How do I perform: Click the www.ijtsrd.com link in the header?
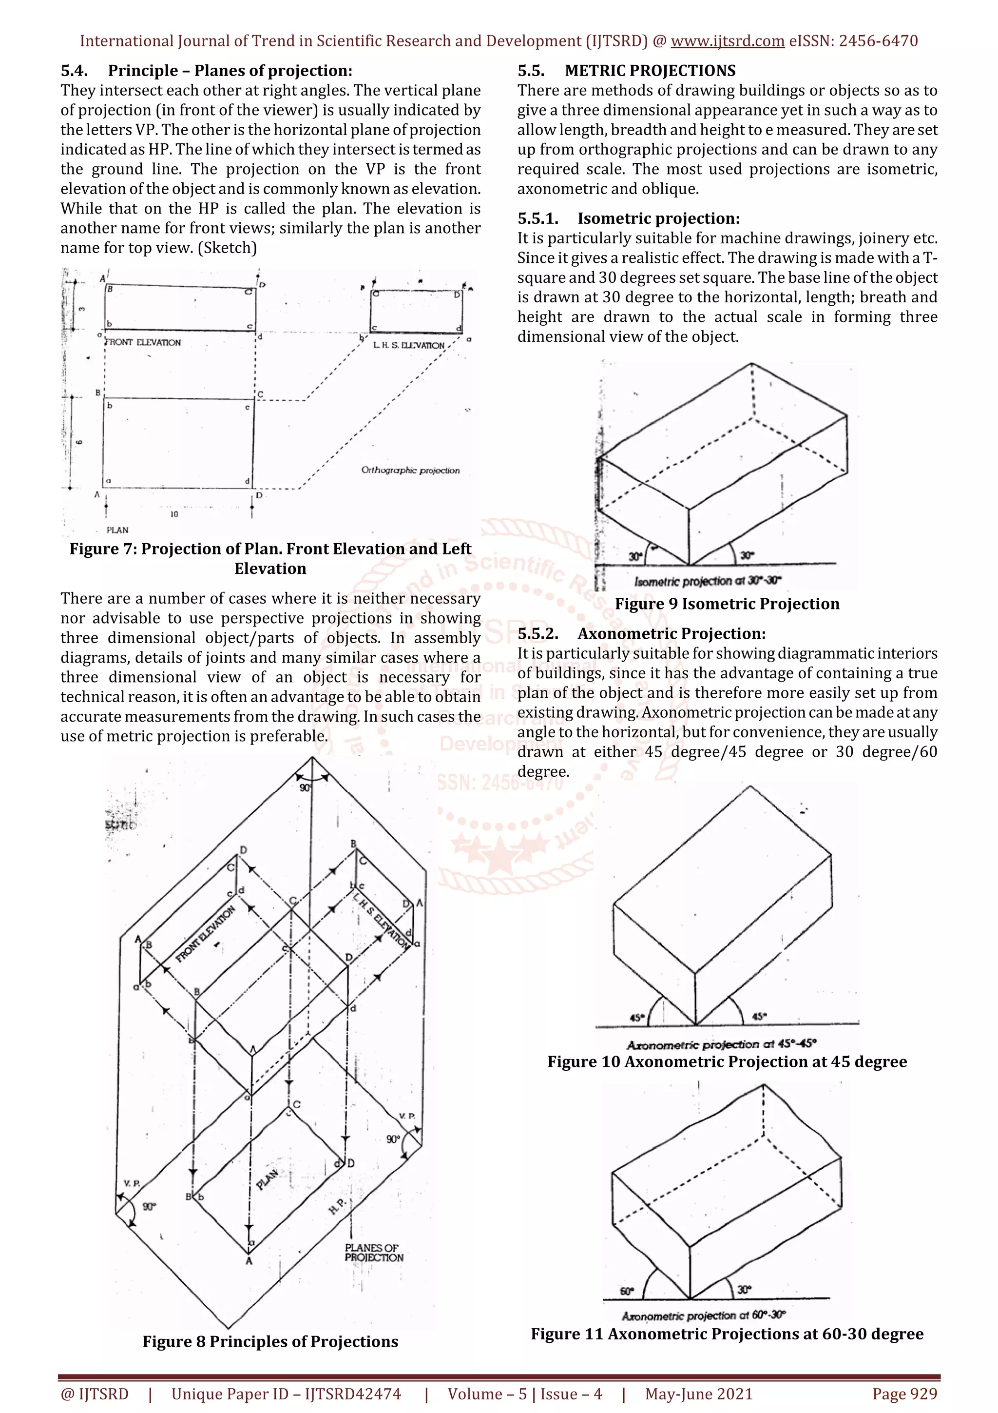(727, 41)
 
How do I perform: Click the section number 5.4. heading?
(75, 71)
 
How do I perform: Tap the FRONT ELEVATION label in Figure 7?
(143, 342)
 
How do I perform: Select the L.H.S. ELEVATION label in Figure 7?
(408, 345)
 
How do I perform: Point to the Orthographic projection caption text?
(410, 470)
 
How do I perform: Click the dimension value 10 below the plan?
(174, 514)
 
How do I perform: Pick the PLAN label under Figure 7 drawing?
(117, 530)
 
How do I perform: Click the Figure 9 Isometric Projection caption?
(727, 604)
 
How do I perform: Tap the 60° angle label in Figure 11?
(626, 1291)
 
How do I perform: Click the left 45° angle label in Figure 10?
(637, 1018)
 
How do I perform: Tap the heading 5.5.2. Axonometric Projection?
(641, 634)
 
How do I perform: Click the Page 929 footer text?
(904, 1394)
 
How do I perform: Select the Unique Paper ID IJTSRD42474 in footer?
(286, 1394)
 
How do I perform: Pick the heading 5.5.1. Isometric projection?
(629, 218)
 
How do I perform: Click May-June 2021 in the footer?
(698, 1394)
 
